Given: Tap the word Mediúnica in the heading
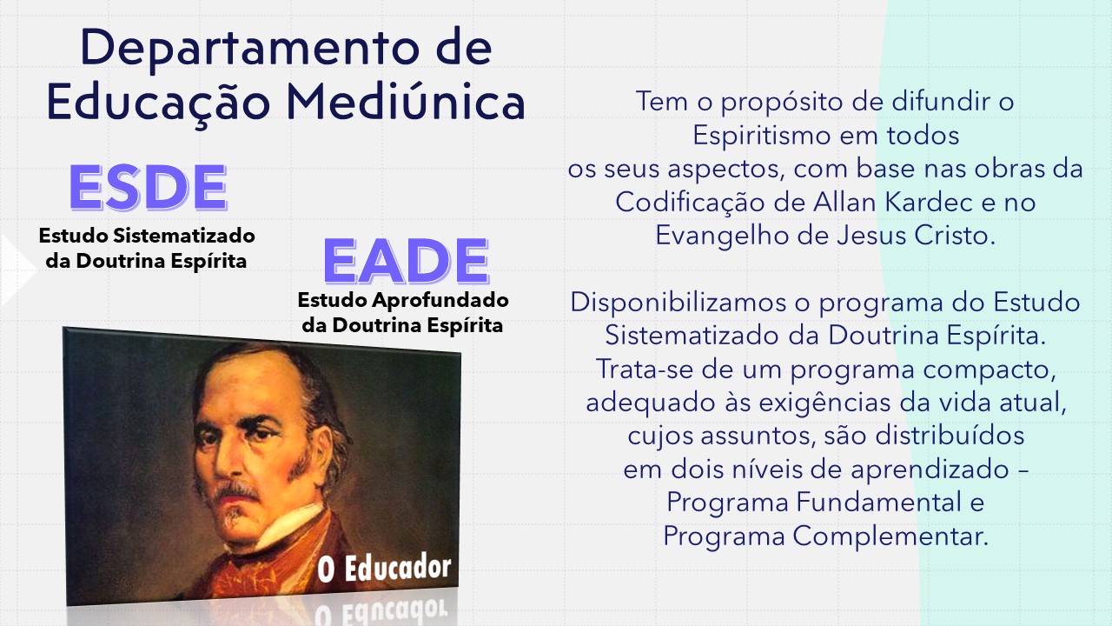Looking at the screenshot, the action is coord(406,102).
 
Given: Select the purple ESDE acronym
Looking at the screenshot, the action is coord(148,187).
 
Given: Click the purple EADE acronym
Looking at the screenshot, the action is coord(406,261).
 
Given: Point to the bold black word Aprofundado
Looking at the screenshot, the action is coord(440,300).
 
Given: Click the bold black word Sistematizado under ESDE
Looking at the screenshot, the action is coord(184,236).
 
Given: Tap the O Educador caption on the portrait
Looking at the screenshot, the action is coord(384,569).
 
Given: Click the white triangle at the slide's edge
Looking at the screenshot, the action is coord(17,270).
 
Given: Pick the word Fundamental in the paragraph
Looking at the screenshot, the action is coord(879,502).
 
